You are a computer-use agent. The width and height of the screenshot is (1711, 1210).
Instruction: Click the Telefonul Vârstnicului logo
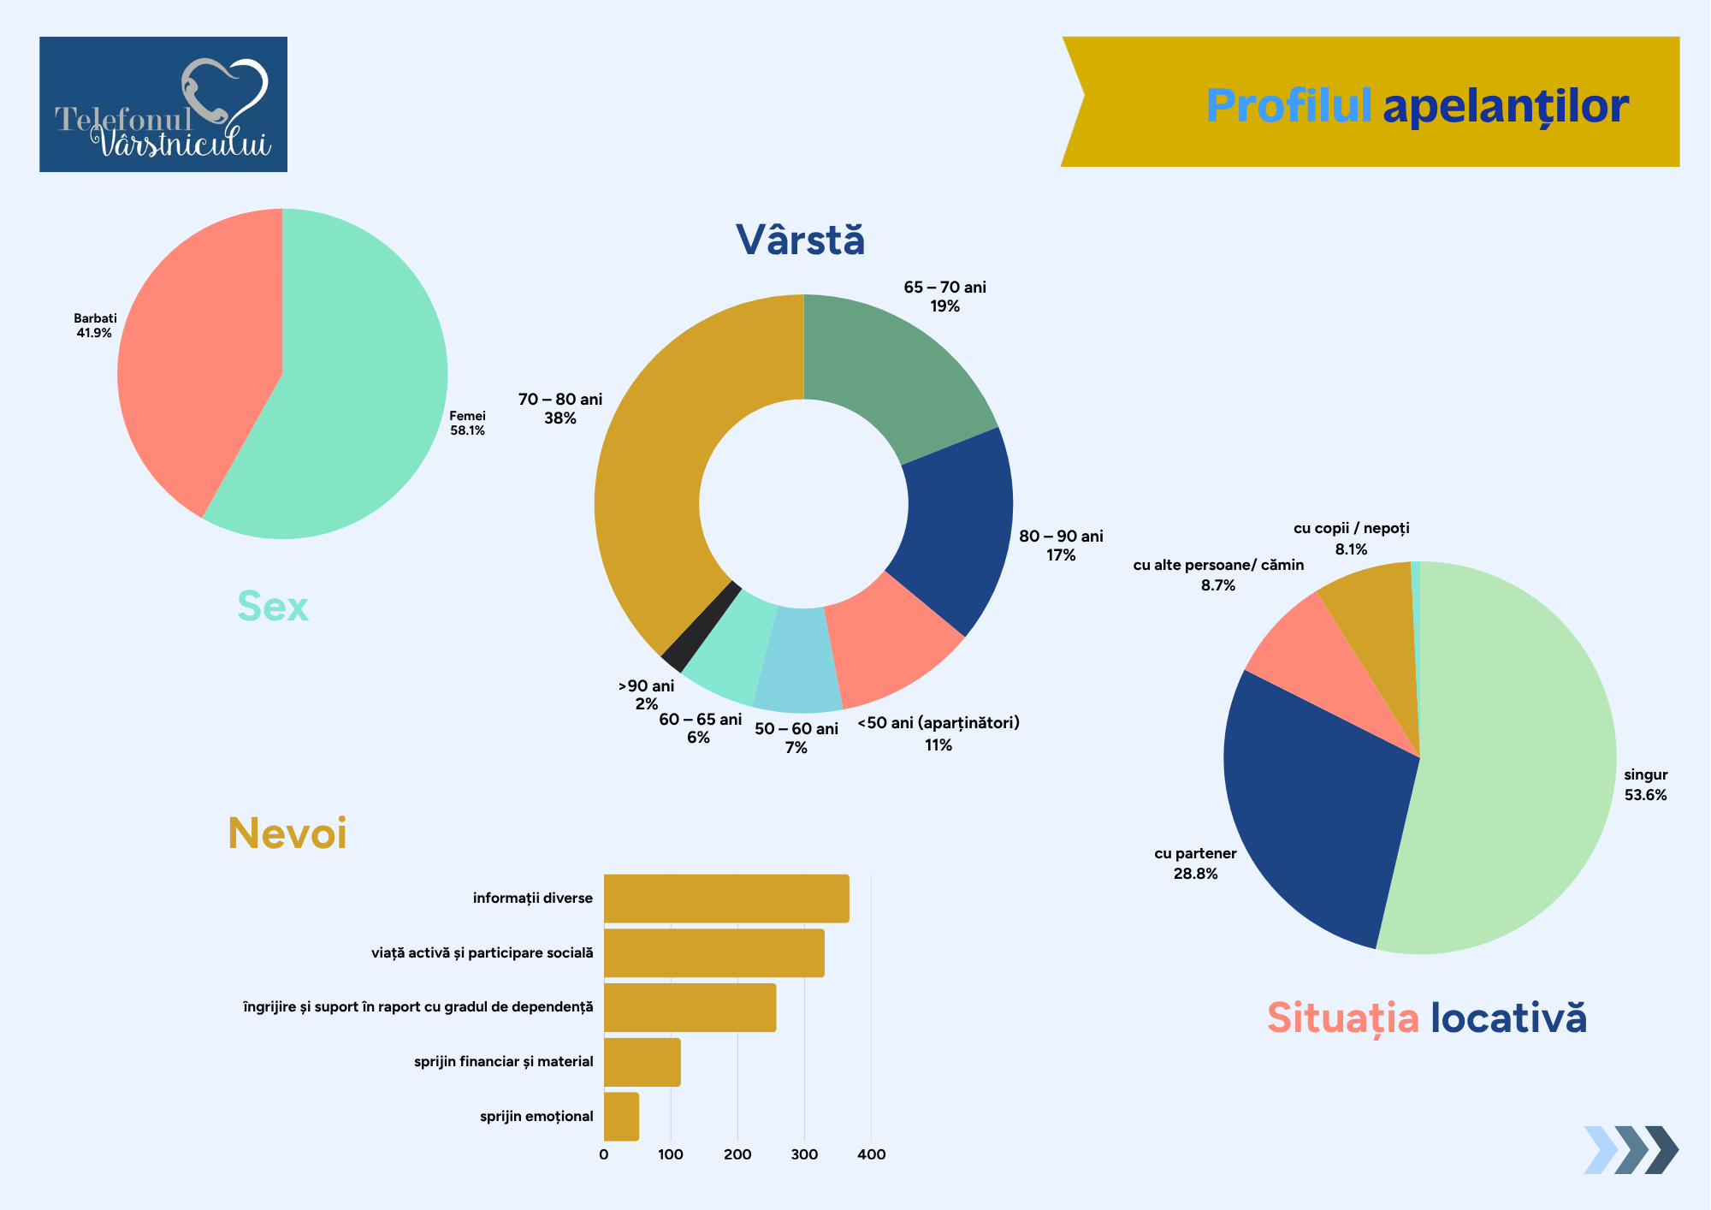coord(163,104)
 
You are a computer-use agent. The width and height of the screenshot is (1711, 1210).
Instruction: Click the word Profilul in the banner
coord(1288,106)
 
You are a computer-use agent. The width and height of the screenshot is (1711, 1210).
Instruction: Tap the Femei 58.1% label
coord(467,424)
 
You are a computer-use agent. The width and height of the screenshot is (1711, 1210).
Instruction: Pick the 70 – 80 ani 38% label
coord(560,409)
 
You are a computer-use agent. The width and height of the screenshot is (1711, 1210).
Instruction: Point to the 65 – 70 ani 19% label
coord(944,297)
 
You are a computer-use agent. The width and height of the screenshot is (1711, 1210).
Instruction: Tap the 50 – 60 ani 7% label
coord(796,738)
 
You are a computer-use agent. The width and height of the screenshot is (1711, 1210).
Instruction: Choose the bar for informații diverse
coord(726,899)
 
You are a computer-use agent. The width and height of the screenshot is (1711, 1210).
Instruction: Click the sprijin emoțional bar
coord(621,1116)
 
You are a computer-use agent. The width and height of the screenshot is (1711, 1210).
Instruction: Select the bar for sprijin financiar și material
coord(642,1062)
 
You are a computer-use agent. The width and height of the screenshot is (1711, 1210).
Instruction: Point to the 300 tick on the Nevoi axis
coord(804,1154)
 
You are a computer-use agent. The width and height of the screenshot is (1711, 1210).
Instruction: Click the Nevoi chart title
coord(287,833)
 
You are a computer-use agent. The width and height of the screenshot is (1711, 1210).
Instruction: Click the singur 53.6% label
coord(1645,785)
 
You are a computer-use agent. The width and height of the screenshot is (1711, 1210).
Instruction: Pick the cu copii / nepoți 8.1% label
coord(1351,539)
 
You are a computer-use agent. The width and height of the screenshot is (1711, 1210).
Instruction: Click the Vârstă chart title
coord(800,240)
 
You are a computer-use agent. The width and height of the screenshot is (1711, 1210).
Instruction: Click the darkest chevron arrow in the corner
coord(1661,1149)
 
